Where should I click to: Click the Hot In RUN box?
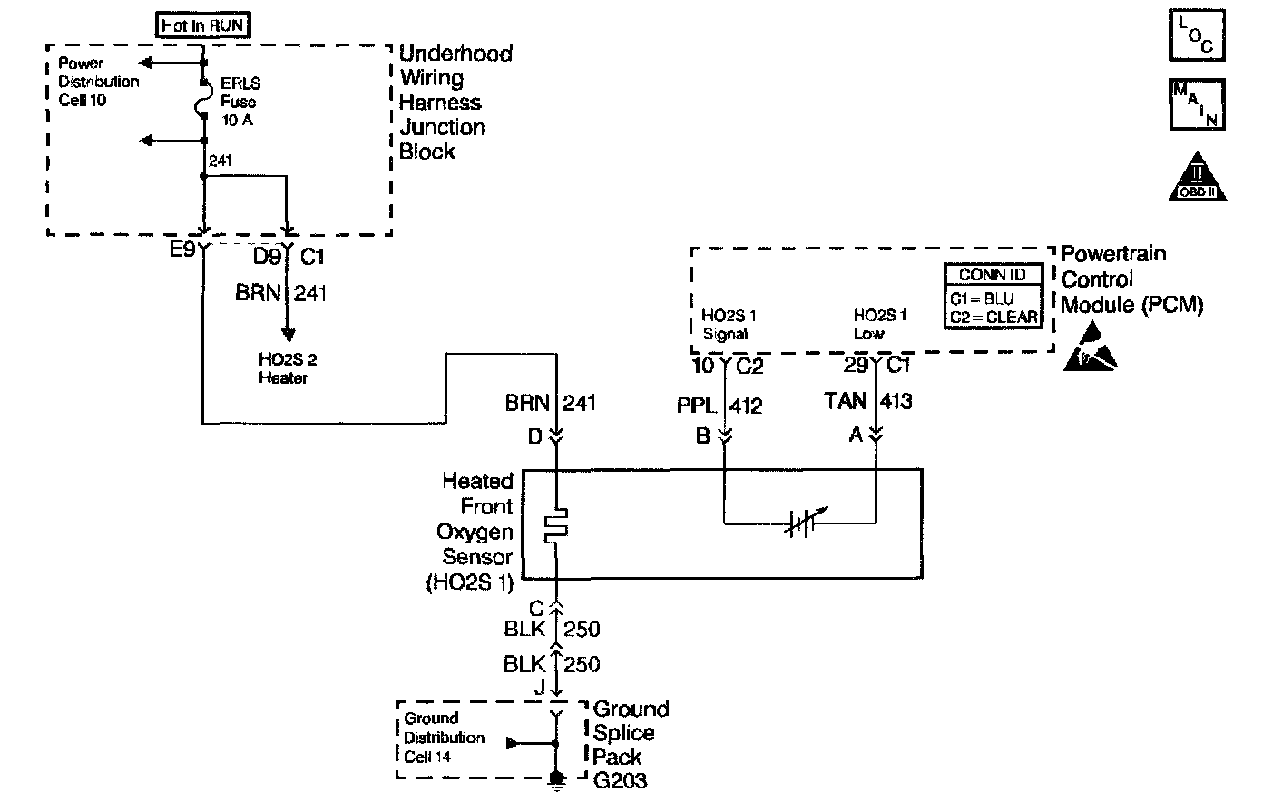[202, 25]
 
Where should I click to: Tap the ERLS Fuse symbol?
[203, 100]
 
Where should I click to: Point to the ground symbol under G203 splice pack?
[556, 781]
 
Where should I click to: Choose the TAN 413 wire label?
[867, 401]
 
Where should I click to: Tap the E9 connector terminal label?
[182, 251]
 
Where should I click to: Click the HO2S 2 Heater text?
[283, 368]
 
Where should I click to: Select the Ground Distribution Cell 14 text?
[444, 738]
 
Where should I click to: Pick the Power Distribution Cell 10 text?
[98, 82]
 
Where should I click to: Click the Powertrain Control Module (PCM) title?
[1131, 279]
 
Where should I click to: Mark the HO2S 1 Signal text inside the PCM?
[729, 325]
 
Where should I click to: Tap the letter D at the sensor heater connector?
[535, 436]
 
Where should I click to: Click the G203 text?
[622, 780]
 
